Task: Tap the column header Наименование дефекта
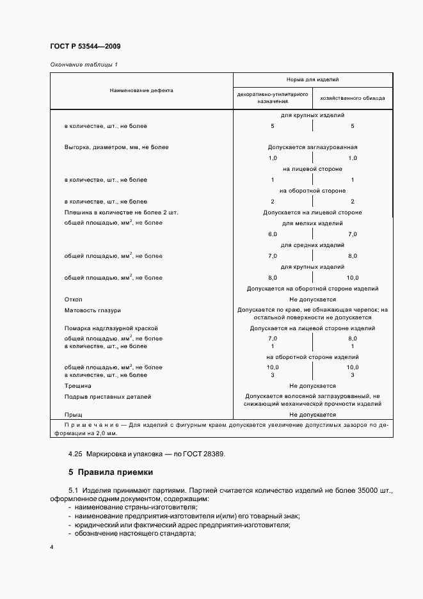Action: pos(141,90)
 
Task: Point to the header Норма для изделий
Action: pos(312,80)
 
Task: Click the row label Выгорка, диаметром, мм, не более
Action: pos(116,147)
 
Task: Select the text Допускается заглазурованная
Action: pos(312,147)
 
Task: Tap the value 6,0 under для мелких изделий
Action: pos(273,235)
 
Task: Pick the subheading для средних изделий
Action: pos(312,245)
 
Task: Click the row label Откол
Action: pos(74,299)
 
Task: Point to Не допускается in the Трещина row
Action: pos(312,386)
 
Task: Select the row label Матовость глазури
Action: pos(93,310)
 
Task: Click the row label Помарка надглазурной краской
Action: pos(111,328)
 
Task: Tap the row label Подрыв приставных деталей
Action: pos(108,397)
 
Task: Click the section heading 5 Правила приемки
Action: pos(111,473)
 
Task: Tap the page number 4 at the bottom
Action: pos(52,548)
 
